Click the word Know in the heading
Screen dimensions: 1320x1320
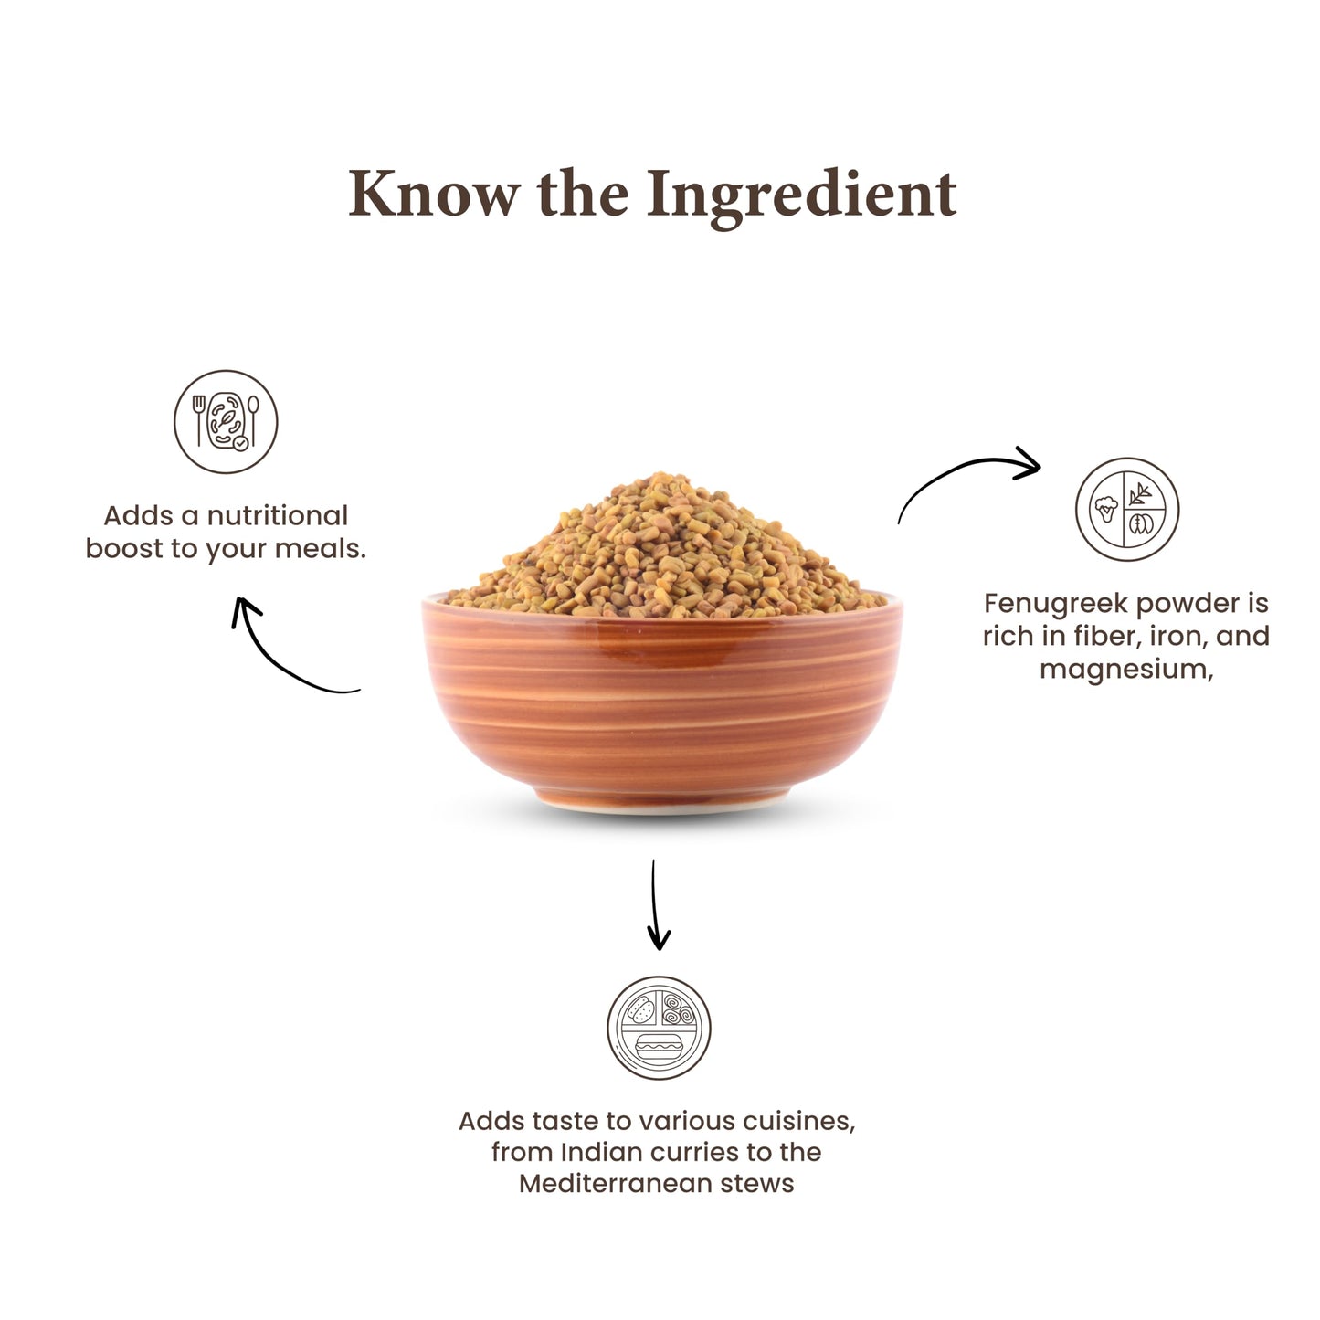point(434,194)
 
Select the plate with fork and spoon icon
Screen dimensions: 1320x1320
point(226,421)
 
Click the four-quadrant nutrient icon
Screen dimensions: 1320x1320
point(1127,509)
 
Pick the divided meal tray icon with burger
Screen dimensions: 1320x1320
point(659,1028)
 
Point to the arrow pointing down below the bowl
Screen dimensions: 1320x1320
point(656,904)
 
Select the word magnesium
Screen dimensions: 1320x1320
point(1126,670)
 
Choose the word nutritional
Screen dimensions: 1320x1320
point(278,516)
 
